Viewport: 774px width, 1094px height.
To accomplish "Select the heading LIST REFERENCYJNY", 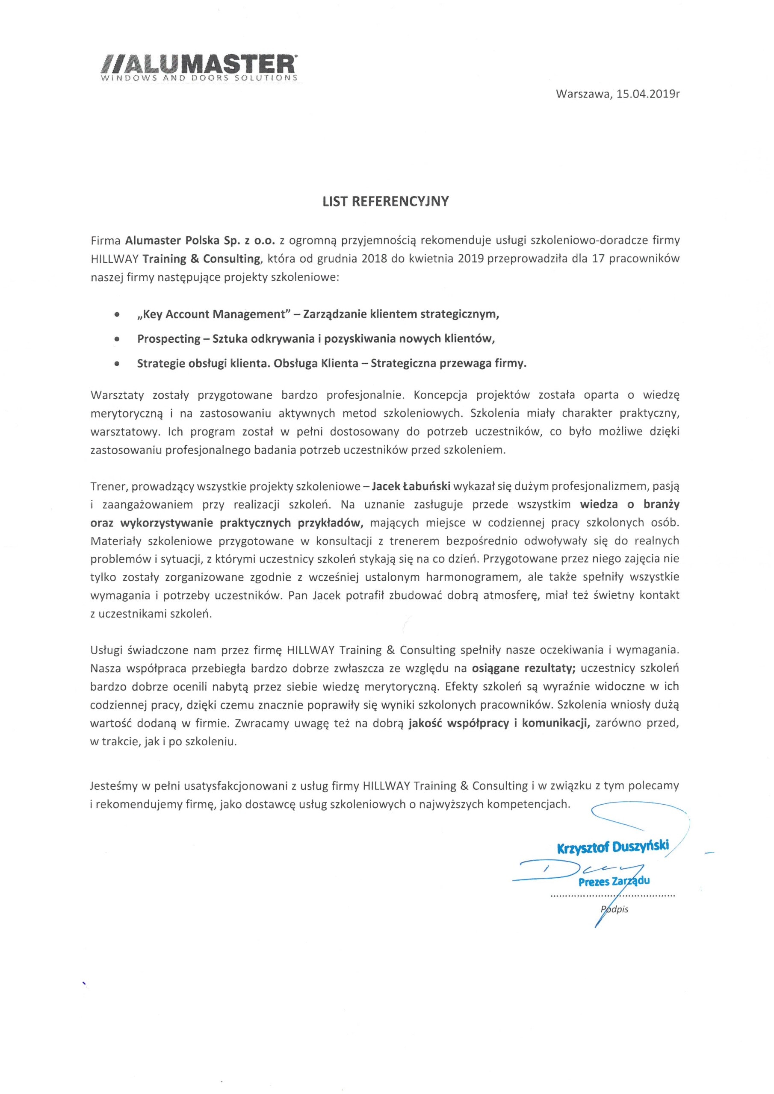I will click(386, 201).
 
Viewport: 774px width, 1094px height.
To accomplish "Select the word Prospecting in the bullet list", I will click(169, 339).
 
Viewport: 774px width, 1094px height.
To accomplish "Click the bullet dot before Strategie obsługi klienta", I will click(117, 364).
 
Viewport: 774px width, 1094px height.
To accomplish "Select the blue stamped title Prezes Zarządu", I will click(614, 881).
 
